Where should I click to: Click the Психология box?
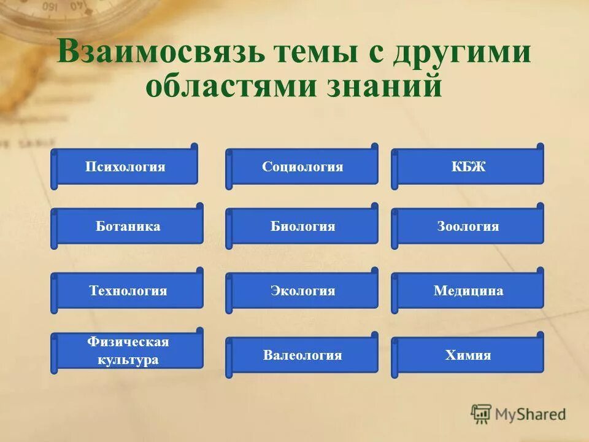pos(125,167)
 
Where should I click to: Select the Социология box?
pos(302,167)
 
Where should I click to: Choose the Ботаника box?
pos(128,227)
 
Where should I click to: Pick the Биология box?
pos(302,227)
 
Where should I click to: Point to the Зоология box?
pos(468,227)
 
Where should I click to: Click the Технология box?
pos(128,291)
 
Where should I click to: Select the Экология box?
pos(302,291)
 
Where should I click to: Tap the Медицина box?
pos(468,291)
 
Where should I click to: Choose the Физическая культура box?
pos(128,351)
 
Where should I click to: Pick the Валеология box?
pos(302,355)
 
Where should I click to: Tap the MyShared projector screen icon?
pos(481,413)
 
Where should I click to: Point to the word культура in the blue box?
pos(128,360)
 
